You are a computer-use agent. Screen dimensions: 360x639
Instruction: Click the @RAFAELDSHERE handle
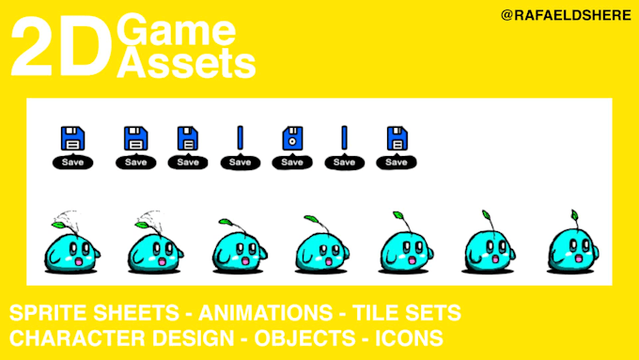pyautogui.click(x=566, y=16)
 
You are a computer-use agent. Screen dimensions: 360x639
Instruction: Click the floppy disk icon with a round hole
pyautogui.click(x=292, y=139)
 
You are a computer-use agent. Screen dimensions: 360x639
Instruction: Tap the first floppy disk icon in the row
pyautogui.click(x=72, y=139)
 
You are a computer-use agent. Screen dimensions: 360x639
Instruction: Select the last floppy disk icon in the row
pyautogui.click(x=397, y=139)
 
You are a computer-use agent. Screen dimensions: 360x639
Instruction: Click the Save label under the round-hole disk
pyautogui.click(x=292, y=162)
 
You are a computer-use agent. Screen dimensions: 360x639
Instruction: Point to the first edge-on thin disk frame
pyautogui.click(x=240, y=139)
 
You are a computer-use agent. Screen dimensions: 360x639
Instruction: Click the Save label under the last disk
pyautogui.click(x=397, y=162)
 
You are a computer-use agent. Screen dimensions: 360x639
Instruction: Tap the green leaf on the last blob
pyautogui.click(x=570, y=215)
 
